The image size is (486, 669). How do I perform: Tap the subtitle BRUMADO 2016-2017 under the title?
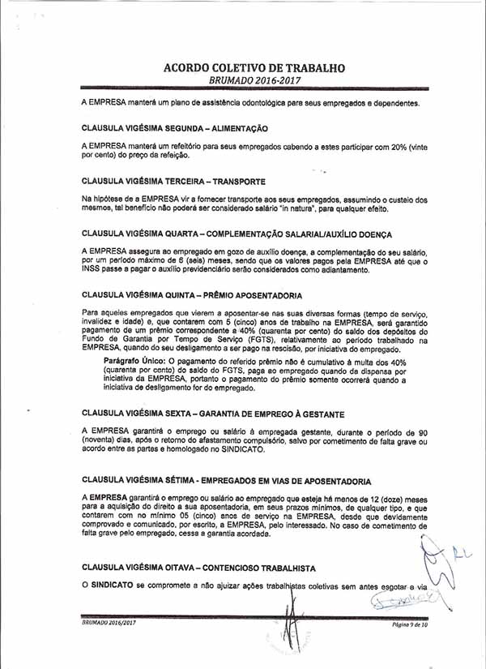254,82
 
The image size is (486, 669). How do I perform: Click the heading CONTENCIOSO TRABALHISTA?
259,568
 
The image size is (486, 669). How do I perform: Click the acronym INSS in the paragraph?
93,268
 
